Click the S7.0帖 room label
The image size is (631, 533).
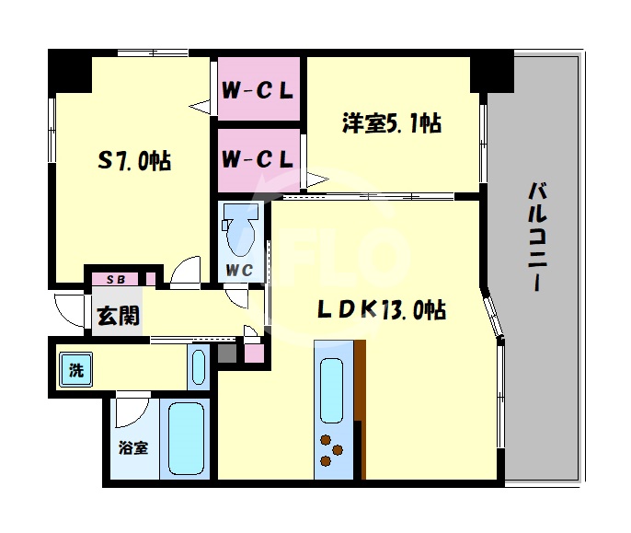(134, 161)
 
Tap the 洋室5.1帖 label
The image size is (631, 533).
(391, 122)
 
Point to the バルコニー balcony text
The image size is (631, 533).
(538, 238)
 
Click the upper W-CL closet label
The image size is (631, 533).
(258, 92)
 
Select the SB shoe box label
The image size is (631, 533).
(116, 279)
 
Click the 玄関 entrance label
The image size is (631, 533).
(118, 317)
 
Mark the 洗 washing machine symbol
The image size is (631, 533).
(76, 372)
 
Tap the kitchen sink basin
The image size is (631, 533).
(332, 388)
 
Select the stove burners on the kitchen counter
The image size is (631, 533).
(332, 450)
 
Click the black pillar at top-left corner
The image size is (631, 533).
(70, 69)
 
